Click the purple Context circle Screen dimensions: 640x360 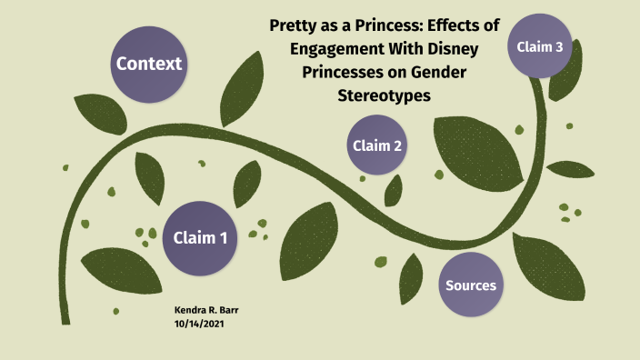coord(149,64)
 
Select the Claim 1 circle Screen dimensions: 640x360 coord(200,238)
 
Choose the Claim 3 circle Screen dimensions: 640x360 coord(540,46)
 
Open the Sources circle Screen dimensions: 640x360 coord(470,285)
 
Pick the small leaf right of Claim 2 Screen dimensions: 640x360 coord(394,188)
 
